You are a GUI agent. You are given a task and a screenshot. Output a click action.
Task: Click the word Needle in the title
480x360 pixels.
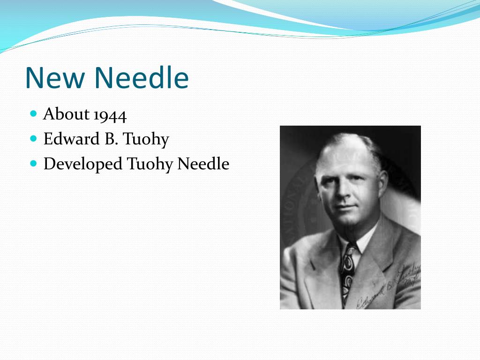tap(141, 78)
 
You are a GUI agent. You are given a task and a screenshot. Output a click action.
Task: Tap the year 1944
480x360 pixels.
tap(110, 114)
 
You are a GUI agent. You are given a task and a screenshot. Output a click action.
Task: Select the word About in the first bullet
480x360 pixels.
tap(66, 114)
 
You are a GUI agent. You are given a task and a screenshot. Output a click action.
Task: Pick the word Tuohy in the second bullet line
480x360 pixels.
tap(146, 140)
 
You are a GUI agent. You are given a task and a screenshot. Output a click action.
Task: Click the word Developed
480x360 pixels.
tap(83, 165)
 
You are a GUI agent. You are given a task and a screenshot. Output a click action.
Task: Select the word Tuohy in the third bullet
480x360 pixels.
tap(150, 165)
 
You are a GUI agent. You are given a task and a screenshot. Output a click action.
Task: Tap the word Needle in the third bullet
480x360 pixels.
tap(203, 164)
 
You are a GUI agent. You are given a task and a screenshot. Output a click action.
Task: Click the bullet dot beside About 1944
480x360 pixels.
tap(33, 114)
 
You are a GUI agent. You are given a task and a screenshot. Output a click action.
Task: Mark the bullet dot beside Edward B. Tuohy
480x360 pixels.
tap(33, 139)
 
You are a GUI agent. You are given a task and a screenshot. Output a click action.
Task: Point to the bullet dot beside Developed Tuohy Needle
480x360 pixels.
tap(33, 164)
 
